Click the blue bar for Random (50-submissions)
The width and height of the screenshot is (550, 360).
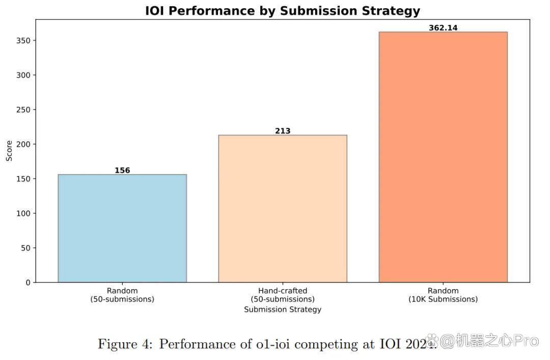122,228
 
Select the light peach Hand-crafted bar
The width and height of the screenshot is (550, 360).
283,208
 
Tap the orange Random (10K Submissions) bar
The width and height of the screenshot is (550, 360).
443,157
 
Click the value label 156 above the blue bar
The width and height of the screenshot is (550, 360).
122,170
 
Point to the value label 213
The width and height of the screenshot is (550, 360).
283,131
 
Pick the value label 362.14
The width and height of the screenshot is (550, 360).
443,27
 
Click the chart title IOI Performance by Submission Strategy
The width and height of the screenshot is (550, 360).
283,11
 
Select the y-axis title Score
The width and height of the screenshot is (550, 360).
9,151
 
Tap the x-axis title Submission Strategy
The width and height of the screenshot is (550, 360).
283,309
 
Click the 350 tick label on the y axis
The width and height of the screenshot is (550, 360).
23,41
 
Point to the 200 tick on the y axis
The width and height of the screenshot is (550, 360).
23,144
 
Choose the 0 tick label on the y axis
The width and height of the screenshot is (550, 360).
28,283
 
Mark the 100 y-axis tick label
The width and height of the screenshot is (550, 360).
23,213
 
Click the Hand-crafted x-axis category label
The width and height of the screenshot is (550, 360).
283,291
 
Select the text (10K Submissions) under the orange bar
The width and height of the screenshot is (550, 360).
443,299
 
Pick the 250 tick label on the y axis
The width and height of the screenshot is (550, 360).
23,110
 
